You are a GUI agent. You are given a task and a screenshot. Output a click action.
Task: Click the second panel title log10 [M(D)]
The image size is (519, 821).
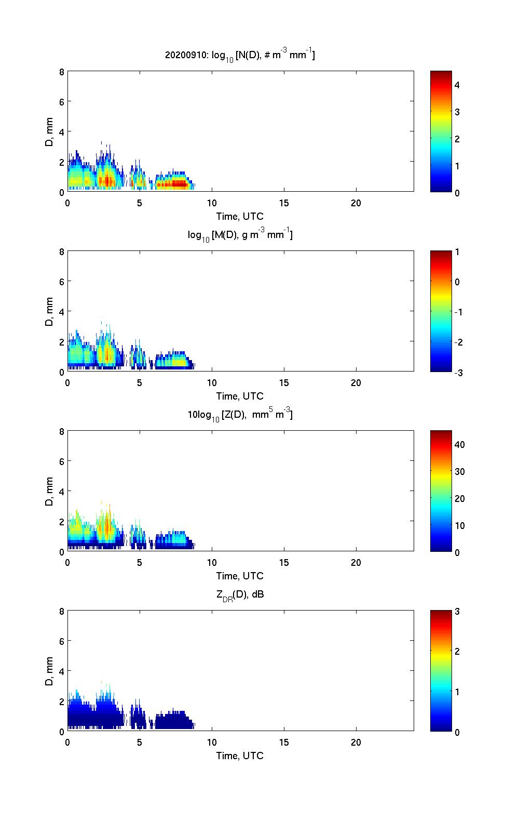click(x=240, y=235)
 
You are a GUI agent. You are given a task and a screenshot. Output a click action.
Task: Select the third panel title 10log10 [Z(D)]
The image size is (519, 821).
click(x=240, y=415)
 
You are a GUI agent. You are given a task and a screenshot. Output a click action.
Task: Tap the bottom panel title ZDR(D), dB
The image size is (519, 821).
click(x=240, y=594)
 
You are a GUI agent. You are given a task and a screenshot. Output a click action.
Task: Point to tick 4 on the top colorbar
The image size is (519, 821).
click(x=457, y=85)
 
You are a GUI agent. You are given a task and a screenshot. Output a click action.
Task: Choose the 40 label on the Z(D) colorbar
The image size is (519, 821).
click(x=459, y=444)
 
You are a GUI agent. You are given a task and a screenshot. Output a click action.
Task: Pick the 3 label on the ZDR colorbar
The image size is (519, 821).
click(x=457, y=612)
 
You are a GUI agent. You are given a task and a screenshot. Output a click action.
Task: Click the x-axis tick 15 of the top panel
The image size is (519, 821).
click(x=284, y=203)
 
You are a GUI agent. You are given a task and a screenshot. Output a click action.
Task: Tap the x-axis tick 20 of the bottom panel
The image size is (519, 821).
click(x=356, y=742)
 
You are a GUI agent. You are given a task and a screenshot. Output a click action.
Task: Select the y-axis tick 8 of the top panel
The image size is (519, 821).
click(x=62, y=72)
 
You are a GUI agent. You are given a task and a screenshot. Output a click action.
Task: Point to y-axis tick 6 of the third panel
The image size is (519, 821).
click(x=62, y=461)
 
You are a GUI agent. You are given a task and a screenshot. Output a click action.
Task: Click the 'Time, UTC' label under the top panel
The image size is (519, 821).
click(x=240, y=216)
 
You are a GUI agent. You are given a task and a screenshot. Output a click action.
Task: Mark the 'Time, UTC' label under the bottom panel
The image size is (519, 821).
click(x=240, y=756)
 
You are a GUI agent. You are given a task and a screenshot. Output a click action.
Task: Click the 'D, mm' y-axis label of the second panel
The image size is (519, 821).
click(x=50, y=312)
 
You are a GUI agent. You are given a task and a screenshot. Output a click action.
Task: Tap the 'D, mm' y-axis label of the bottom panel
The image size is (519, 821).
click(x=50, y=671)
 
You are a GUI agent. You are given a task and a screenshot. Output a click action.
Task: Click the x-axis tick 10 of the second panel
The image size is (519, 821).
click(x=212, y=383)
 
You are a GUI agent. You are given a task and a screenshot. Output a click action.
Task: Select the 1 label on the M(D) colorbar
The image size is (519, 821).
click(x=457, y=252)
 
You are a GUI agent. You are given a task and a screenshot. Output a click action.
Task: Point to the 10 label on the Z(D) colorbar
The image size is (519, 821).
click(x=459, y=525)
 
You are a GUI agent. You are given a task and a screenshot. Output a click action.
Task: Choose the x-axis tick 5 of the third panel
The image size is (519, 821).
click(x=140, y=563)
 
